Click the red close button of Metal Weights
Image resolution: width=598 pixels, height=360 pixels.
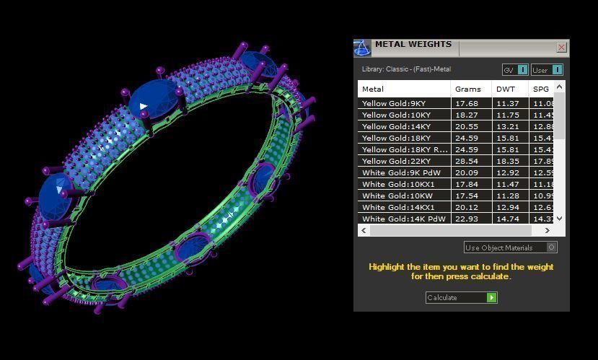pos(561,48)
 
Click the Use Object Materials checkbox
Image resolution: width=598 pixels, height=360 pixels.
pos(552,247)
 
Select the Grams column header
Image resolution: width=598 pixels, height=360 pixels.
pos(467,89)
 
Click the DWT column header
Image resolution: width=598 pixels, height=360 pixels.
pos(504,89)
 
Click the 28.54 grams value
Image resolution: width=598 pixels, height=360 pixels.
pos(467,162)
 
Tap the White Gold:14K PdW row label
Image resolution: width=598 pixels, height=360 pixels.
pos(403,219)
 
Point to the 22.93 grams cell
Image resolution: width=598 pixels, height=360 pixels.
pos(467,219)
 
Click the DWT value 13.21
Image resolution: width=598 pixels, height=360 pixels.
pos(508,127)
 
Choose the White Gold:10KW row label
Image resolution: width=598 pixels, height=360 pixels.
pos(397,196)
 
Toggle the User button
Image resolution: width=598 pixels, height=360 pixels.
pos(547,70)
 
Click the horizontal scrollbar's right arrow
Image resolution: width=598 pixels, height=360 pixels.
pos(548,231)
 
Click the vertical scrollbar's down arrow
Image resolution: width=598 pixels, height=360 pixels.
pos(560,219)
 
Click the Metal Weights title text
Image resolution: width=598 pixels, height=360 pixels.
pos(413,45)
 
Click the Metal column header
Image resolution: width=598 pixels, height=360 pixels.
pos(373,89)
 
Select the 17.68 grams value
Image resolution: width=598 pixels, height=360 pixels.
pos(467,104)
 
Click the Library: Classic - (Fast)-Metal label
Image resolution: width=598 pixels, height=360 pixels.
pos(406,70)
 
